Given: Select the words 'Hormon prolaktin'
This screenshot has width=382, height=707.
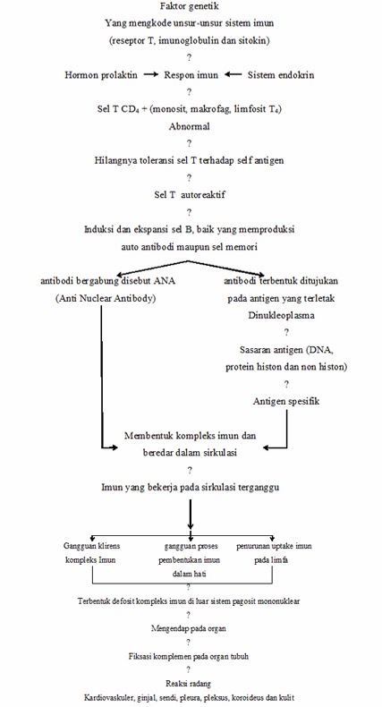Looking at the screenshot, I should pyautogui.click(x=102, y=75).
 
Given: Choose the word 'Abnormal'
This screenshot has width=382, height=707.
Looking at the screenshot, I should pyautogui.click(x=189, y=126).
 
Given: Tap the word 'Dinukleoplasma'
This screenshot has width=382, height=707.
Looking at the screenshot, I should pyautogui.click(x=286, y=315).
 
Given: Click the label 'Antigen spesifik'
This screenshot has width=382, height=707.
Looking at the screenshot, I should pyautogui.click(x=286, y=400).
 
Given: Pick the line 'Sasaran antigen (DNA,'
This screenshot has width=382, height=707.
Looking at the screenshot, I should pyautogui.click(x=286, y=349).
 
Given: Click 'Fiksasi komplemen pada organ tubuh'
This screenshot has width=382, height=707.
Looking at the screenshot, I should pyautogui.click(x=189, y=656).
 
